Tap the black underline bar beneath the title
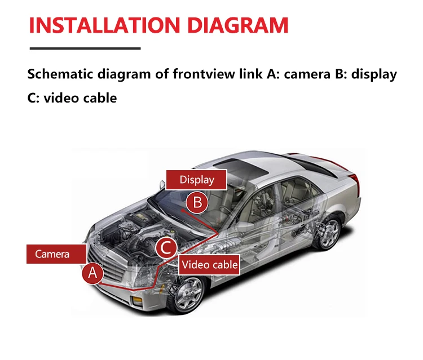coord(84,48)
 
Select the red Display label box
coord(196,180)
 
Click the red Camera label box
coord(52,254)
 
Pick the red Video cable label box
coord(209,265)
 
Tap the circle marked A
coord(93,274)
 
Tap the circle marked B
coord(197,202)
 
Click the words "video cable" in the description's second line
coord(80,97)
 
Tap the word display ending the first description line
coord(374,74)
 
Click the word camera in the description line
coord(305,74)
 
